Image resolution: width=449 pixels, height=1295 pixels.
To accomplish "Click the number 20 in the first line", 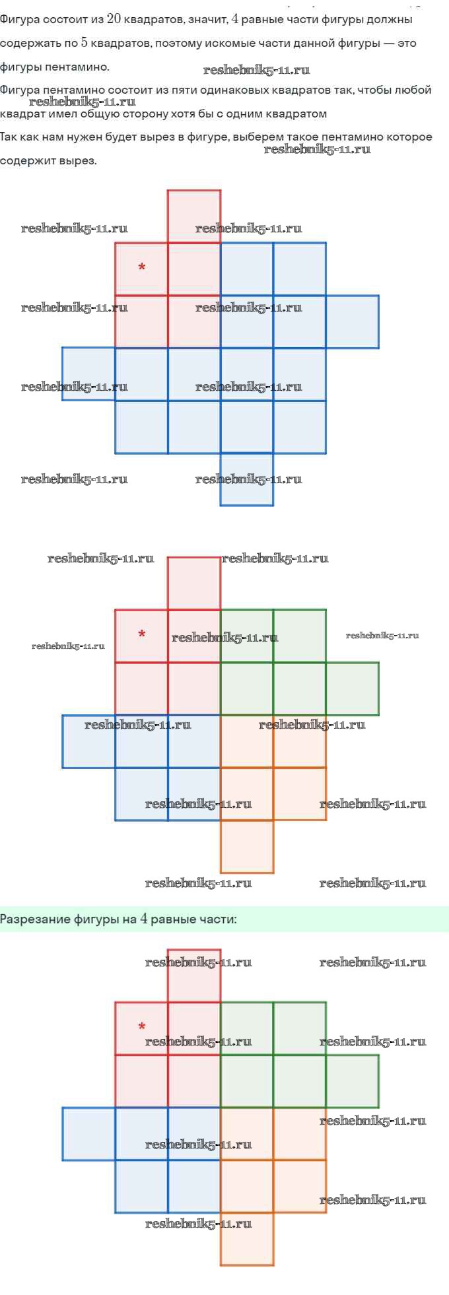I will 113,19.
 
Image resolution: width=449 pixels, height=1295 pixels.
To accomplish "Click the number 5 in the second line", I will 84,43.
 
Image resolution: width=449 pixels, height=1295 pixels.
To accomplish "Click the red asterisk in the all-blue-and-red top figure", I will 141,267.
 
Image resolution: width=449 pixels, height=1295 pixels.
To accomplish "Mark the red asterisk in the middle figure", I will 141,634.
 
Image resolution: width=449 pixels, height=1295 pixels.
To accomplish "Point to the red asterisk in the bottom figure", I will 141,1026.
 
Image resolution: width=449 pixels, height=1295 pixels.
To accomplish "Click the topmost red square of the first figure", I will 194,216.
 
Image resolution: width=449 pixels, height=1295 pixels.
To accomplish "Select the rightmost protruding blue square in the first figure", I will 353,322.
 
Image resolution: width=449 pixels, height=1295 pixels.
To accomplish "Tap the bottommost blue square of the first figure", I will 247,480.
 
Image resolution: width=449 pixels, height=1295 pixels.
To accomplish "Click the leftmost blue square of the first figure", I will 88,374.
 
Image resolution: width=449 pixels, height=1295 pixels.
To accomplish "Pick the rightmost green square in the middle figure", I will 353,689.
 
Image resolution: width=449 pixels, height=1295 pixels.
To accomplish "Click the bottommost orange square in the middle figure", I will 247,847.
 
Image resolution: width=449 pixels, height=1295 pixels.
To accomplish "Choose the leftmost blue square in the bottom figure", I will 88,1134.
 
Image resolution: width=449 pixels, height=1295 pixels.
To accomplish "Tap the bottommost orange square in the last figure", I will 247,1239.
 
